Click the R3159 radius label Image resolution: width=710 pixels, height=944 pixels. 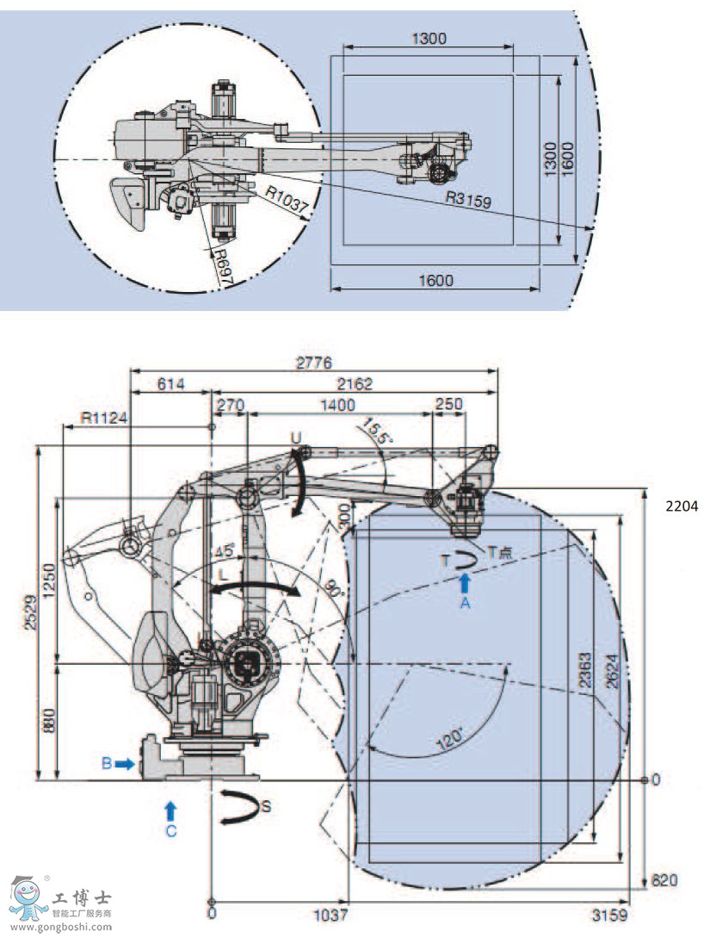[x=467, y=199]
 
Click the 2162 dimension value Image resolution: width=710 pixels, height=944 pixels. [x=354, y=384]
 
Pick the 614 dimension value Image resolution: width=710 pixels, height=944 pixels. [x=170, y=384]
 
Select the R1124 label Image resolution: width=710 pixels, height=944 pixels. [x=104, y=418]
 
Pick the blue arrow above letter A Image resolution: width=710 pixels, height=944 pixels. [x=465, y=582]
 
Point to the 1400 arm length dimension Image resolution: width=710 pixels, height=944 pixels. [x=338, y=404]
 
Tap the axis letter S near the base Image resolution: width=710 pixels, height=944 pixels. [x=267, y=806]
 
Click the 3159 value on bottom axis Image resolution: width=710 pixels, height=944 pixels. [x=610, y=914]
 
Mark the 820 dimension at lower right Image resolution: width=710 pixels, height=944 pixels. [x=665, y=880]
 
